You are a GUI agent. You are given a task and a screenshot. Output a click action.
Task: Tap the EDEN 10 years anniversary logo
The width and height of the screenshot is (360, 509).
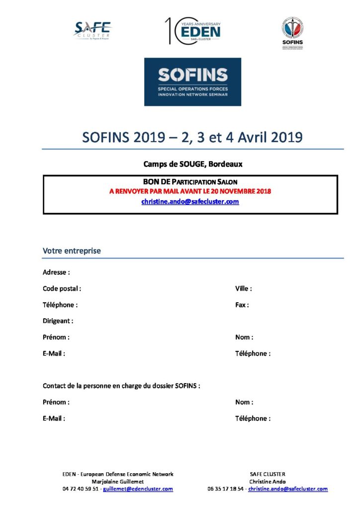[193, 31]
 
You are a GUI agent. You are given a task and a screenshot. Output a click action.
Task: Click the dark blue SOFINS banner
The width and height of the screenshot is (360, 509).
[192, 82]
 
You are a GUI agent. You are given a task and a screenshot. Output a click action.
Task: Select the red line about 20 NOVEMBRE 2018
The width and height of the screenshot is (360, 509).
[190, 191]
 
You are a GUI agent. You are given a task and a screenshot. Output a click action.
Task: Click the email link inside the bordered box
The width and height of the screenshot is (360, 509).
[190, 201]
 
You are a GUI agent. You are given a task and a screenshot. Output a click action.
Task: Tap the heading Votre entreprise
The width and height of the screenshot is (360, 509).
[72, 251]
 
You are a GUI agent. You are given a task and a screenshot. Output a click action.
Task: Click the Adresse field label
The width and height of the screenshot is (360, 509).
[56, 272]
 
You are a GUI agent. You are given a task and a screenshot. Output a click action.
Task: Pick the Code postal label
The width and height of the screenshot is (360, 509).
[62, 288]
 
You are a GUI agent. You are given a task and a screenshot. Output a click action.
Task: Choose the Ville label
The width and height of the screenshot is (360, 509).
[243, 288]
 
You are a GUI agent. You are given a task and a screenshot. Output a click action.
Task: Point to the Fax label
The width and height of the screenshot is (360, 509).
[242, 305]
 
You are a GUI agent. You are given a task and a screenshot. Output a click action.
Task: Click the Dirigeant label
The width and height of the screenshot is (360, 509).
[58, 321]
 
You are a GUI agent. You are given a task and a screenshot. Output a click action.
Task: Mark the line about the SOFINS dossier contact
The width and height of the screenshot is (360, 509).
[121, 386]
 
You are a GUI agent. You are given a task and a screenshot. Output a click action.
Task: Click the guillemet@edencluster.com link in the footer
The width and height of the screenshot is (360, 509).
[138, 489]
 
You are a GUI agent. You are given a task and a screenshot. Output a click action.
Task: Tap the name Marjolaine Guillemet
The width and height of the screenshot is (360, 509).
[118, 482]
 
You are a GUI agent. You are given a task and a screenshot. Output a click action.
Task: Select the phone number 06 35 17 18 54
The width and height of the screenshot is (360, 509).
[226, 489]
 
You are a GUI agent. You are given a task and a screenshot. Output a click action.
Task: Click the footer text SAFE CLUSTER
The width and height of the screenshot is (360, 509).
[268, 474]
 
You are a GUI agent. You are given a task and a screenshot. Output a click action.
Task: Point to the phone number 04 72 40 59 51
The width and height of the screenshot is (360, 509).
[80, 489]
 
